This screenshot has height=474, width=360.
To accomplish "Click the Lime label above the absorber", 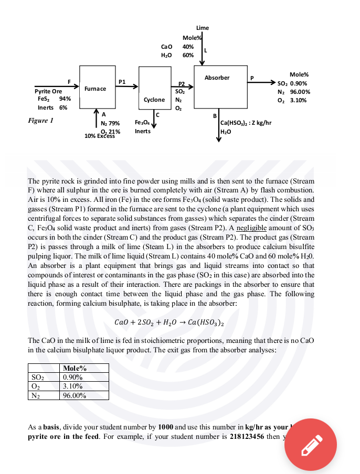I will pyautogui.click(x=202, y=28).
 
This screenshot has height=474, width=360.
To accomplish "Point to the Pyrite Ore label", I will pyautogui.click(x=48, y=91).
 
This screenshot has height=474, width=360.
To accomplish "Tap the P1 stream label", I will pyautogui.click(x=122, y=81).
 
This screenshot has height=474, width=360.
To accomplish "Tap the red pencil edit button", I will pyautogui.click(x=310, y=444).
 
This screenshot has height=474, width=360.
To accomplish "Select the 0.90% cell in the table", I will pyautogui.click(x=72, y=377).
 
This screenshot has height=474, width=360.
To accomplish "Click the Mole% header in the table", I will pyautogui.click(x=73, y=368).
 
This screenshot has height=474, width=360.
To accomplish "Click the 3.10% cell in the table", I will pyautogui.click(x=72, y=386).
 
